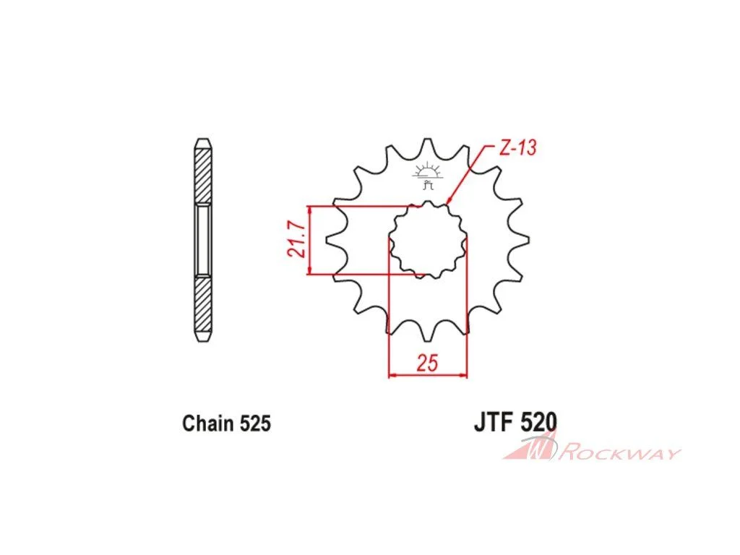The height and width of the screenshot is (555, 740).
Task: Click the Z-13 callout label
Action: (517, 148)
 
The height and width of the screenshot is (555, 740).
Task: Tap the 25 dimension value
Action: (427, 363)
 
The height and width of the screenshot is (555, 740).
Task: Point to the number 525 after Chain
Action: (255, 423)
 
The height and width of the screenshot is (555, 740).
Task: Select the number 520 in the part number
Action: (538, 421)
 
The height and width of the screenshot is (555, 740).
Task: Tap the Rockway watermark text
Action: (619, 454)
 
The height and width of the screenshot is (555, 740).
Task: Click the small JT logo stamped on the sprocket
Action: (428, 176)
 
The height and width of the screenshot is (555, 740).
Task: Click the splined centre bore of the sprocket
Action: (428, 239)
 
